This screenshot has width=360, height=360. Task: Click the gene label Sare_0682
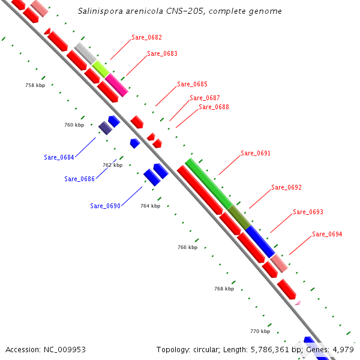147,37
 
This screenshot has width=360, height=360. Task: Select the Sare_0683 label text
162,53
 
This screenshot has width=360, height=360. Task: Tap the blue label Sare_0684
59,157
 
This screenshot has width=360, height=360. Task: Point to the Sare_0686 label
79,179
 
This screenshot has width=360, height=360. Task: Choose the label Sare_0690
106,206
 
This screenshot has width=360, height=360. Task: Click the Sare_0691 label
256,153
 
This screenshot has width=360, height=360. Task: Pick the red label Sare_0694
327,234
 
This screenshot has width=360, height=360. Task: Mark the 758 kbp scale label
35,86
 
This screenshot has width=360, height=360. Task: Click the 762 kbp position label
112,165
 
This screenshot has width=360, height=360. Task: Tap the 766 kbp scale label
187,247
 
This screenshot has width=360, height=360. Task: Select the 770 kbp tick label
260,331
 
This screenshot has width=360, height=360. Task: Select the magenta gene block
116,85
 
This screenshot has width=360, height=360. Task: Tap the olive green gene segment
239,217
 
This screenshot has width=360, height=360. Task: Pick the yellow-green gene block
100,68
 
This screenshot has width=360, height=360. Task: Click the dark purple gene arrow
105,128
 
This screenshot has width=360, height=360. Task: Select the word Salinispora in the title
99,11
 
